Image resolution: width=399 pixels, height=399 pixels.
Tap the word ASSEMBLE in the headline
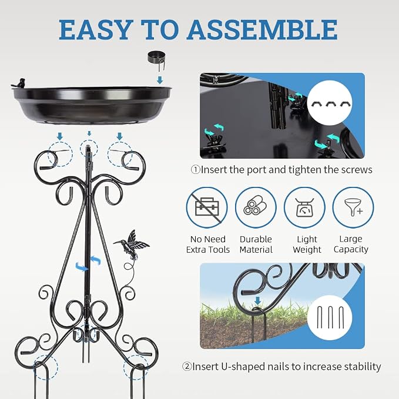click(x=262, y=29)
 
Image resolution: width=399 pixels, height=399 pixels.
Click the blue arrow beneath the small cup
click(x=160, y=80)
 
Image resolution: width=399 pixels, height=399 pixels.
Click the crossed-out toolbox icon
click(x=207, y=207)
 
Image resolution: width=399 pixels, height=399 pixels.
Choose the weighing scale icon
click(x=304, y=207)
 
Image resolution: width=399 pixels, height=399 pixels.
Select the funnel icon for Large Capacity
click(x=353, y=207)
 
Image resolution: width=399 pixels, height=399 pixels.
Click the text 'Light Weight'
click(x=307, y=244)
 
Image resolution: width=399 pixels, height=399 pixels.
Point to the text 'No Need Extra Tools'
click(x=208, y=244)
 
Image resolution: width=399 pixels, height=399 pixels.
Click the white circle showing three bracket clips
click(x=330, y=103)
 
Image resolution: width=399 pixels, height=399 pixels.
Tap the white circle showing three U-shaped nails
click(x=330, y=317)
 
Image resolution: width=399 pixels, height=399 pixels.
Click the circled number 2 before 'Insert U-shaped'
click(x=187, y=367)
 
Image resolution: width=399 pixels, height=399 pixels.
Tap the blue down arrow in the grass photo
click(x=258, y=301)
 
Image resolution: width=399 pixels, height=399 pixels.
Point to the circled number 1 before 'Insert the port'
click(x=196, y=170)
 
